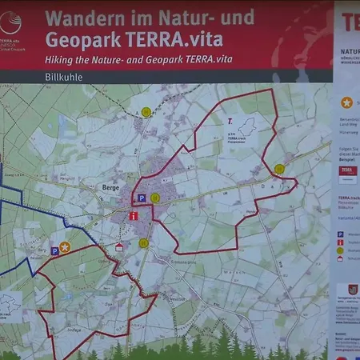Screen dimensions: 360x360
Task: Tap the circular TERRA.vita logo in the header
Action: [x=10, y=22]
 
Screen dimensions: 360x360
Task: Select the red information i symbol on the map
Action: [x=133, y=215]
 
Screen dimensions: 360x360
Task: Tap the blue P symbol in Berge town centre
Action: [x=141, y=197]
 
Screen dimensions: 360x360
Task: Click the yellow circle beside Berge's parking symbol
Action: [x=155, y=197]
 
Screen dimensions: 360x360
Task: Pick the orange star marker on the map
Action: [x=65, y=247]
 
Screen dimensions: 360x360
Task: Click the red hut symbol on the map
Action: [x=119, y=247]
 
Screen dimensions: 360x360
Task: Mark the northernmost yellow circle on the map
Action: [x=146, y=113]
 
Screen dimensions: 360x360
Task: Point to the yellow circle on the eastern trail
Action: [x=279, y=169]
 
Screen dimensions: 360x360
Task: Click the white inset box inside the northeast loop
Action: [x=242, y=129]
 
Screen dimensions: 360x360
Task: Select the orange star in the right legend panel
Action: [x=346, y=102]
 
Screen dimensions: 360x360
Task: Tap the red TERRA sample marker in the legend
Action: [x=348, y=170]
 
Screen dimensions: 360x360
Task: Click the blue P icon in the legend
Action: [x=340, y=234]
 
